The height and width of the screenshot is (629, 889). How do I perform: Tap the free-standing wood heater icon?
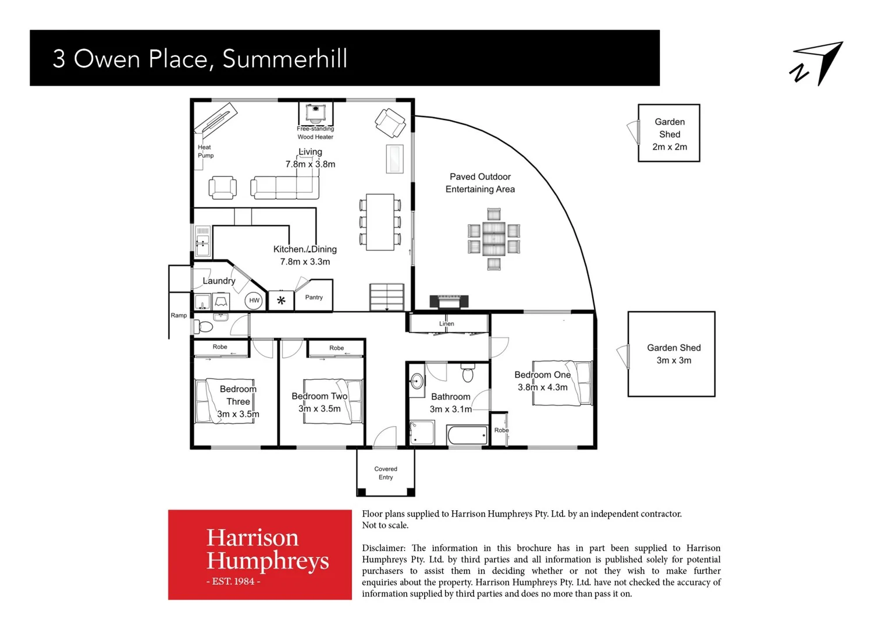(x=315, y=112)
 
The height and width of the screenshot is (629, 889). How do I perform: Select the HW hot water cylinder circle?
(x=254, y=301)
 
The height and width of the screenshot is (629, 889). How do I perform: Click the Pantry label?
(x=314, y=298)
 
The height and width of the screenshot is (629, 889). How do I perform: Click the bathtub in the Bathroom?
(x=467, y=435)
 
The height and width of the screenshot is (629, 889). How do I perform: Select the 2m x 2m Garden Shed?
(x=668, y=133)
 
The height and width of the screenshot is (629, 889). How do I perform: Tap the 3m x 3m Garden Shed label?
(x=674, y=354)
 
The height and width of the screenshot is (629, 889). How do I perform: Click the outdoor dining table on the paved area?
(x=493, y=239)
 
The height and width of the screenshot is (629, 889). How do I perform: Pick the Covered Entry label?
(x=386, y=473)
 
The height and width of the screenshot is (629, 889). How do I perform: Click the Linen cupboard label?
(x=446, y=324)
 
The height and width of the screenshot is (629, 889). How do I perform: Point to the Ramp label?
(x=179, y=316)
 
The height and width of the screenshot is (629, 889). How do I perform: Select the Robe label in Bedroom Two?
(x=336, y=348)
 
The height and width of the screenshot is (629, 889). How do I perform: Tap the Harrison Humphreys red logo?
(x=260, y=554)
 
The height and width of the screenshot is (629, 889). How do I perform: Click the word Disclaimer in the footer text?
(x=383, y=548)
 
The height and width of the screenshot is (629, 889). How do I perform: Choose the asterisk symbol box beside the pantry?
(x=281, y=301)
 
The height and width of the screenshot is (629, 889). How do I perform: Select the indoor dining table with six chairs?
(x=380, y=222)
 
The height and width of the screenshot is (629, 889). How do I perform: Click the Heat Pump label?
(x=205, y=151)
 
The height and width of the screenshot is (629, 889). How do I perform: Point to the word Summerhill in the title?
(x=285, y=59)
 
